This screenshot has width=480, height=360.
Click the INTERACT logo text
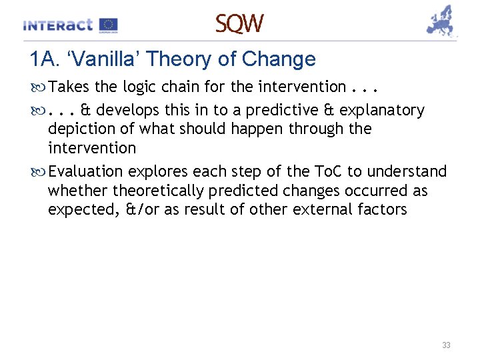pos(57,25)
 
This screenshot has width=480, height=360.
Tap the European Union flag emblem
pos(108,25)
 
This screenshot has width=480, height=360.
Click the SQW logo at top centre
pos(239,24)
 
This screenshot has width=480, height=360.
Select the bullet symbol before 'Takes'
pos(38,87)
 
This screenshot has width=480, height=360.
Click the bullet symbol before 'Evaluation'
pos(38,172)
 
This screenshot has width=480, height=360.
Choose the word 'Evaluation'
pos(85,171)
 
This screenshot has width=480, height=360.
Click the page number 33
pos(446,345)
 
